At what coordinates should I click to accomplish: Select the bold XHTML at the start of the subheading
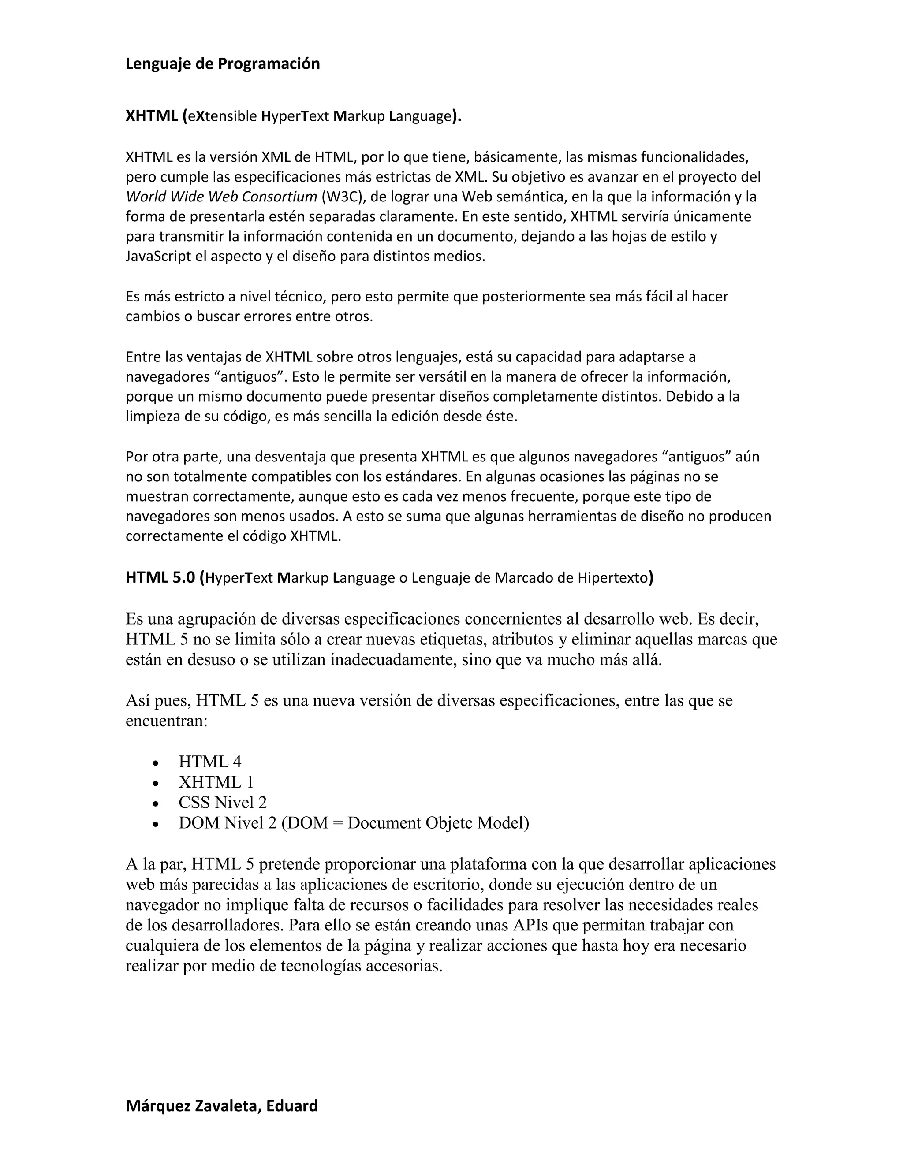tap(151, 116)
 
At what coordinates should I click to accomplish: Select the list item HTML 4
tap(210, 762)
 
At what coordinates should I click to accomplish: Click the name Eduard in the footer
tap(291, 1105)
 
